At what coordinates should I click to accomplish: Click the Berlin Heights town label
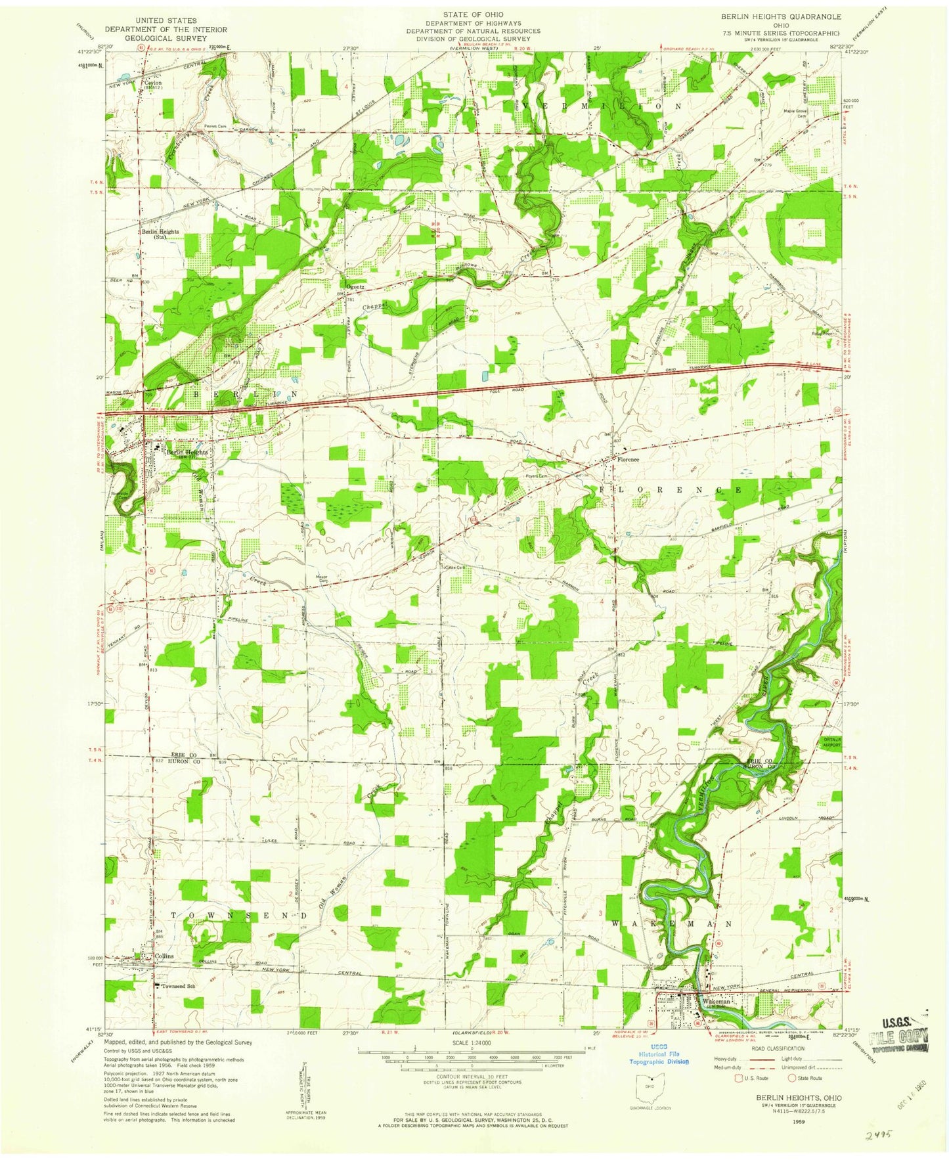187,453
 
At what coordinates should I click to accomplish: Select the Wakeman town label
716,1002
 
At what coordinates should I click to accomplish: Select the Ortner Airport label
832,743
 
